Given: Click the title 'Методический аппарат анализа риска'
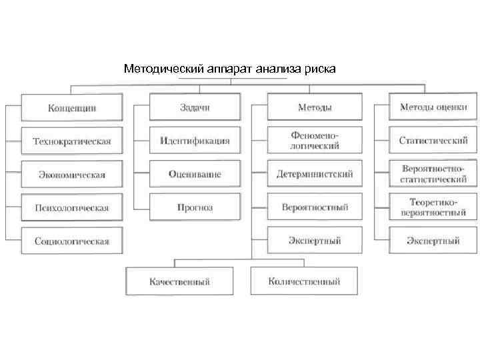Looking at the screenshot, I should click(230, 69).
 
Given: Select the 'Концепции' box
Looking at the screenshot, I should click(72, 107).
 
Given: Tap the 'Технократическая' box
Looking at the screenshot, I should click(72, 141).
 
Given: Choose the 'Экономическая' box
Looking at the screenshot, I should click(72, 175).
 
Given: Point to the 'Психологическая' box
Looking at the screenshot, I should click(72, 207).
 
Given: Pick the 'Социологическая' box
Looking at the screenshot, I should click(72, 241).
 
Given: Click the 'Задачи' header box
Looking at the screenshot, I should click(195, 107).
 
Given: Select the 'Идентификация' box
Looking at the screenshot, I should click(195, 141).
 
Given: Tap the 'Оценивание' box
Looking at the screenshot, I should click(195, 174).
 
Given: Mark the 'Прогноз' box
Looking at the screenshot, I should click(195, 207).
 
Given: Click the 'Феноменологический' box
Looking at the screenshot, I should click(314, 141).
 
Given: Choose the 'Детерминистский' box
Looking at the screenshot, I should click(314, 174).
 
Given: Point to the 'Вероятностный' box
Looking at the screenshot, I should click(314, 207).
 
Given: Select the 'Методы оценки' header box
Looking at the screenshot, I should click(433, 107).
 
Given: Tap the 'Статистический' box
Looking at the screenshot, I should click(433, 141).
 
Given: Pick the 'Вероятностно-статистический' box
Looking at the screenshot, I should click(433, 174).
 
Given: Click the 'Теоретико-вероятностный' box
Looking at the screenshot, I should click(433, 207).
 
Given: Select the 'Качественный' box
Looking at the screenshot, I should click(179, 281).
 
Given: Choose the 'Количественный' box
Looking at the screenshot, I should click(304, 281).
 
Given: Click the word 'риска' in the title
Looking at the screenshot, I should click(321, 69).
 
